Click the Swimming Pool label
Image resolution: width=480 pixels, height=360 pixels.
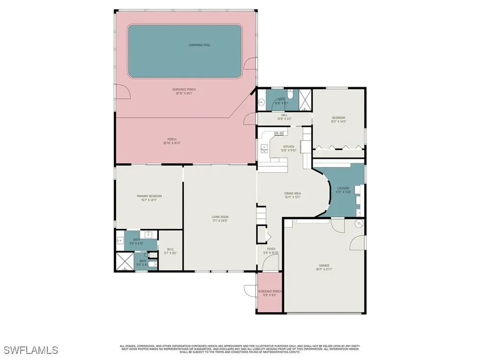pos(199,45)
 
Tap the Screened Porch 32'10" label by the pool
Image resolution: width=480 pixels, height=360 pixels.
pos(184,91)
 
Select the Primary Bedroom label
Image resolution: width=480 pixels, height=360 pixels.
pos(149,198)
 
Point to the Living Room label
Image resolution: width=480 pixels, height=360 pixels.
pos(219,218)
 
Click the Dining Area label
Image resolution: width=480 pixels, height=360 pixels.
pos(292,195)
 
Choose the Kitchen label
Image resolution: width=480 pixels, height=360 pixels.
pos(288,148)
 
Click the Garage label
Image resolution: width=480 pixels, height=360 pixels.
pos(325,267)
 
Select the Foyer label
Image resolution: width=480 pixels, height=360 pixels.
pos(271,251)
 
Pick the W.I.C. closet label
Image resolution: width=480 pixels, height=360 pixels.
pos(171,251)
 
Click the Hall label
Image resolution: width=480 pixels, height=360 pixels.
pos(284,117)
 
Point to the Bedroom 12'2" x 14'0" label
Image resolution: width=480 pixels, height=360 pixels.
pos(338,120)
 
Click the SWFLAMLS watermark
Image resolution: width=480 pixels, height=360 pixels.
pos(30,350)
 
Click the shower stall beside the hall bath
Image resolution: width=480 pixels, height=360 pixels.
pos(306,99)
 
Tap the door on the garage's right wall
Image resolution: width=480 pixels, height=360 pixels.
pos(358,242)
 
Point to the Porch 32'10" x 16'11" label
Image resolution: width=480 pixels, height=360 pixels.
pos(172,141)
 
